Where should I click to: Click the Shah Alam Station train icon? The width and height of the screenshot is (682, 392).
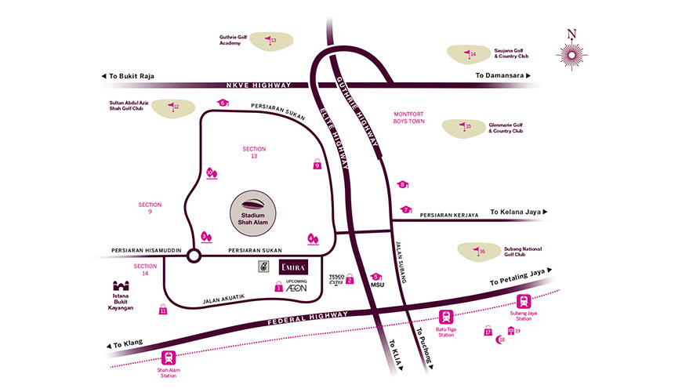(167, 358)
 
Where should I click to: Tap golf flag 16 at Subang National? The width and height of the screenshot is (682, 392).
(480, 251)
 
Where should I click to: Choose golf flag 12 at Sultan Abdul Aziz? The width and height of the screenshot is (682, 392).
(172, 107)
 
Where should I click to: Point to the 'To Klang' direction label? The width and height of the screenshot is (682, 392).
(125, 344)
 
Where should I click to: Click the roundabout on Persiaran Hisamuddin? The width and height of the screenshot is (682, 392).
(194, 255)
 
